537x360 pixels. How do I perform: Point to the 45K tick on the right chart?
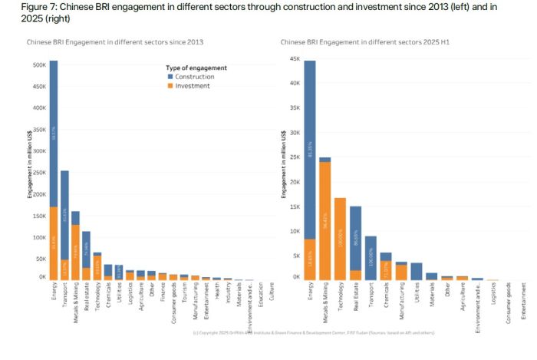[x=295, y=58]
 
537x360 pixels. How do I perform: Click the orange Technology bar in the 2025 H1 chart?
[x=340, y=238]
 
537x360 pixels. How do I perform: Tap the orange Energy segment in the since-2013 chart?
[x=54, y=242]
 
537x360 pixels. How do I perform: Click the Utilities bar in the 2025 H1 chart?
[x=417, y=270]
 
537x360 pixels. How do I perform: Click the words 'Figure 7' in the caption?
[x=19, y=7]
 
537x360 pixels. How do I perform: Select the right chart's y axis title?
[x=285, y=164]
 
